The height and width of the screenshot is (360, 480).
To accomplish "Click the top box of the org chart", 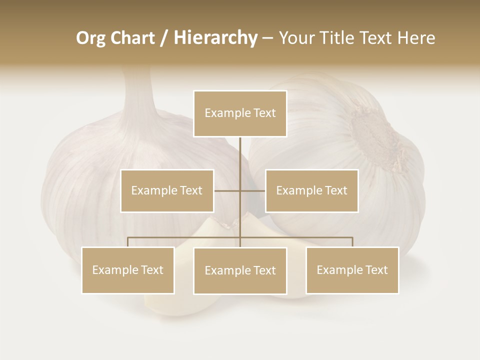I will (240, 113).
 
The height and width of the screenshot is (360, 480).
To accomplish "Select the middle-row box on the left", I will (167, 190).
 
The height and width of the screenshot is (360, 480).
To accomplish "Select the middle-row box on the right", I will (311, 190).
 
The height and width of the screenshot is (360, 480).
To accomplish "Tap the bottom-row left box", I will (128, 270).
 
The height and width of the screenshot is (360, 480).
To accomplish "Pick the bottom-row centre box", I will (240, 270).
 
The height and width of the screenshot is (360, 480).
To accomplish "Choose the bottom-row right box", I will (352, 270).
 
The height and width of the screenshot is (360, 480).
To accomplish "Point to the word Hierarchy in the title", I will (215, 38).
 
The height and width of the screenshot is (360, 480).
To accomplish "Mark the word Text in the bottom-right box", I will (375, 270).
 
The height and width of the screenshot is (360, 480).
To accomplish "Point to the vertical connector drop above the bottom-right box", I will (352, 242).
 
